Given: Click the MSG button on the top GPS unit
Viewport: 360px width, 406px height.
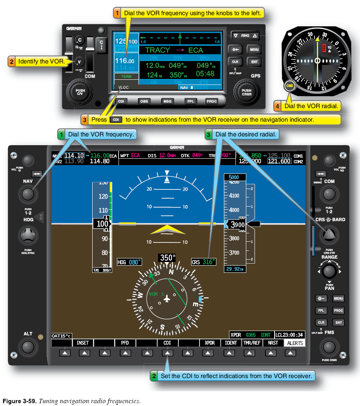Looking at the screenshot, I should click(167, 101).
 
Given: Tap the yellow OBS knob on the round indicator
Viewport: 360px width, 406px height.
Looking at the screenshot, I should click(290, 86).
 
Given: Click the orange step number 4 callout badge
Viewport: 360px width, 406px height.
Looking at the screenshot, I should click(277, 106).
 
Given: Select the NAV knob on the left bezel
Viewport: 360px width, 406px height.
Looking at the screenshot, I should click(27, 194).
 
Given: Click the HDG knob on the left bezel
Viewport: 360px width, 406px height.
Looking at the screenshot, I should click(27, 235).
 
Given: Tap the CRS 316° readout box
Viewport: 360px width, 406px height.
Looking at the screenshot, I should click(204, 262).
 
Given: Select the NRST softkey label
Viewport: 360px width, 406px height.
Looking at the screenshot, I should click(273, 343).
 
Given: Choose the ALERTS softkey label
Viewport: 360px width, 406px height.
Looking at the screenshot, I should click(295, 343).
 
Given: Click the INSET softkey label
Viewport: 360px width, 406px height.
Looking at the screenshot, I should click(83, 343).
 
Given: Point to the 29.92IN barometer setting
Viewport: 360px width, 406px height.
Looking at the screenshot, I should click(235, 269).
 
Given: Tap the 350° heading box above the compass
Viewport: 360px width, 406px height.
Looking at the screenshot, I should click(167, 258).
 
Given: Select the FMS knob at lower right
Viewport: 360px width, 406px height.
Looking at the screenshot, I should click(329, 346).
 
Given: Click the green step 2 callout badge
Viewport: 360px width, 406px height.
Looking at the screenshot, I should click(154, 376).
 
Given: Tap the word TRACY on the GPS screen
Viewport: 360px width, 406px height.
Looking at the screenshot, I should click(158, 50).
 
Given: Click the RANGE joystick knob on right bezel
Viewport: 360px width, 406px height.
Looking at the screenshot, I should click(329, 271).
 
